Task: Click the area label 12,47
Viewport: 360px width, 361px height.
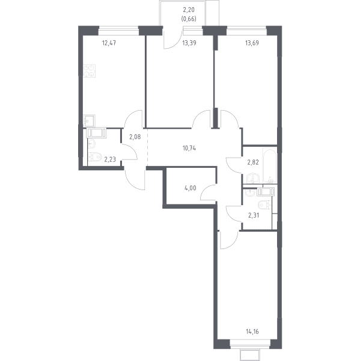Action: [x=109, y=43]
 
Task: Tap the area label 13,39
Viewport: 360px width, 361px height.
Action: [x=189, y=43]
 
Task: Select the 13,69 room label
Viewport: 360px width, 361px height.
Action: [x=252, y=43]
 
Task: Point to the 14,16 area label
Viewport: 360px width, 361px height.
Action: [x=252, y=332]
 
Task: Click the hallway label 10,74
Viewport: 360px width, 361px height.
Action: [x=189, y=148]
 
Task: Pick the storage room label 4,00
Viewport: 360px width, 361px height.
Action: [x=191, y=188]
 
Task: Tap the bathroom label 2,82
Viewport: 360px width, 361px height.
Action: [x=253, y=162]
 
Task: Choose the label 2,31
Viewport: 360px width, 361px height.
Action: [x=254, y=215]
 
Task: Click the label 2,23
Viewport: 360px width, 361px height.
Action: [x=110, y=159]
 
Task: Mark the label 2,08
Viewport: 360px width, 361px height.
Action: [x=135, y=137]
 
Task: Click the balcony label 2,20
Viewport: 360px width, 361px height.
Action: [x=189, y=10]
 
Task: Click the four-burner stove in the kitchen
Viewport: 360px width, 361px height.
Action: [x=90, y=71]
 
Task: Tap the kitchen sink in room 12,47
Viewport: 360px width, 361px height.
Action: [x=90, y=121]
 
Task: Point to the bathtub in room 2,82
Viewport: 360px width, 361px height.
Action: [x=270, y=166]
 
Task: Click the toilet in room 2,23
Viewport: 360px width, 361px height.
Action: [x=95, y=157]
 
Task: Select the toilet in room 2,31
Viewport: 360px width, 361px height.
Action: [x=264, y=205]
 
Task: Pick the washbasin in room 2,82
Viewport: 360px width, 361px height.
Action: [x=253, y=179]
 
